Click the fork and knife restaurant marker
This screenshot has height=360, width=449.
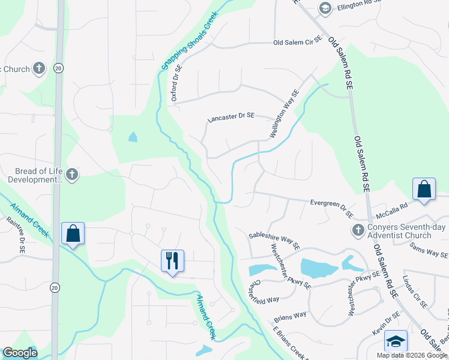tap(172, 261)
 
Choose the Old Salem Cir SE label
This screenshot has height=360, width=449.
tap(298, 43)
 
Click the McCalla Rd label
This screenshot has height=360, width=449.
tap(391, 205)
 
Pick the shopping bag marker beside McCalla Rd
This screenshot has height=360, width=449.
tap(424, 190)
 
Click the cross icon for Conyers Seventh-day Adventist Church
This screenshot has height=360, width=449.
tap(358, 230)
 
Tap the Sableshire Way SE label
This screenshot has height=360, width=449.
tap(274, 240)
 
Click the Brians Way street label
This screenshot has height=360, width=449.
tap(290, 316)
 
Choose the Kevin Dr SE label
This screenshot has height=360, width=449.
tap(385, 325)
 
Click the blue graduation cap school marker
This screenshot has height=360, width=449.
tap(396, 341)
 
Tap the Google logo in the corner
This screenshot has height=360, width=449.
tap(20, 353)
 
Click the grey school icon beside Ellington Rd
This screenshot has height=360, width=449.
tap(325, 8)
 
